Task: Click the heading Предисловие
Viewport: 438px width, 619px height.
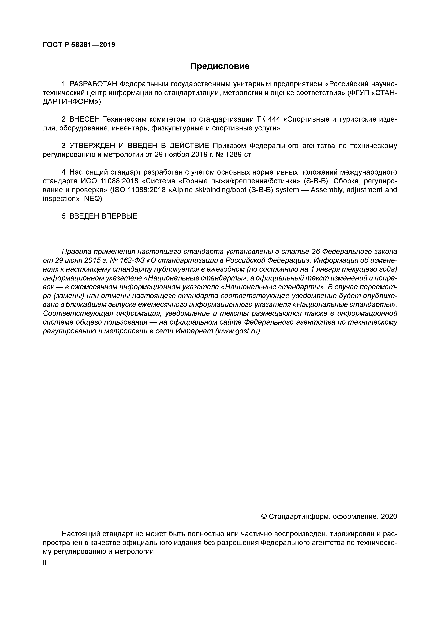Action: (x=220, y=66)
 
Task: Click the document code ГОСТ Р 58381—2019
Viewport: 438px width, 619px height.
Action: (x=79, y=45)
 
